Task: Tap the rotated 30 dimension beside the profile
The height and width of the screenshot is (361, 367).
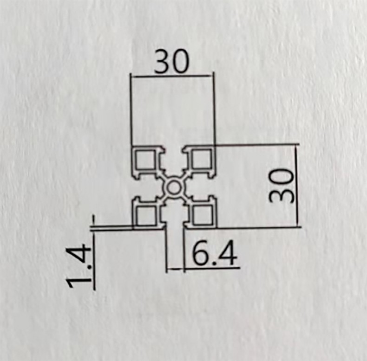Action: (x=282, y=186)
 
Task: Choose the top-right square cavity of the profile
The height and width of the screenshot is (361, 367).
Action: (x=203, y=160)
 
